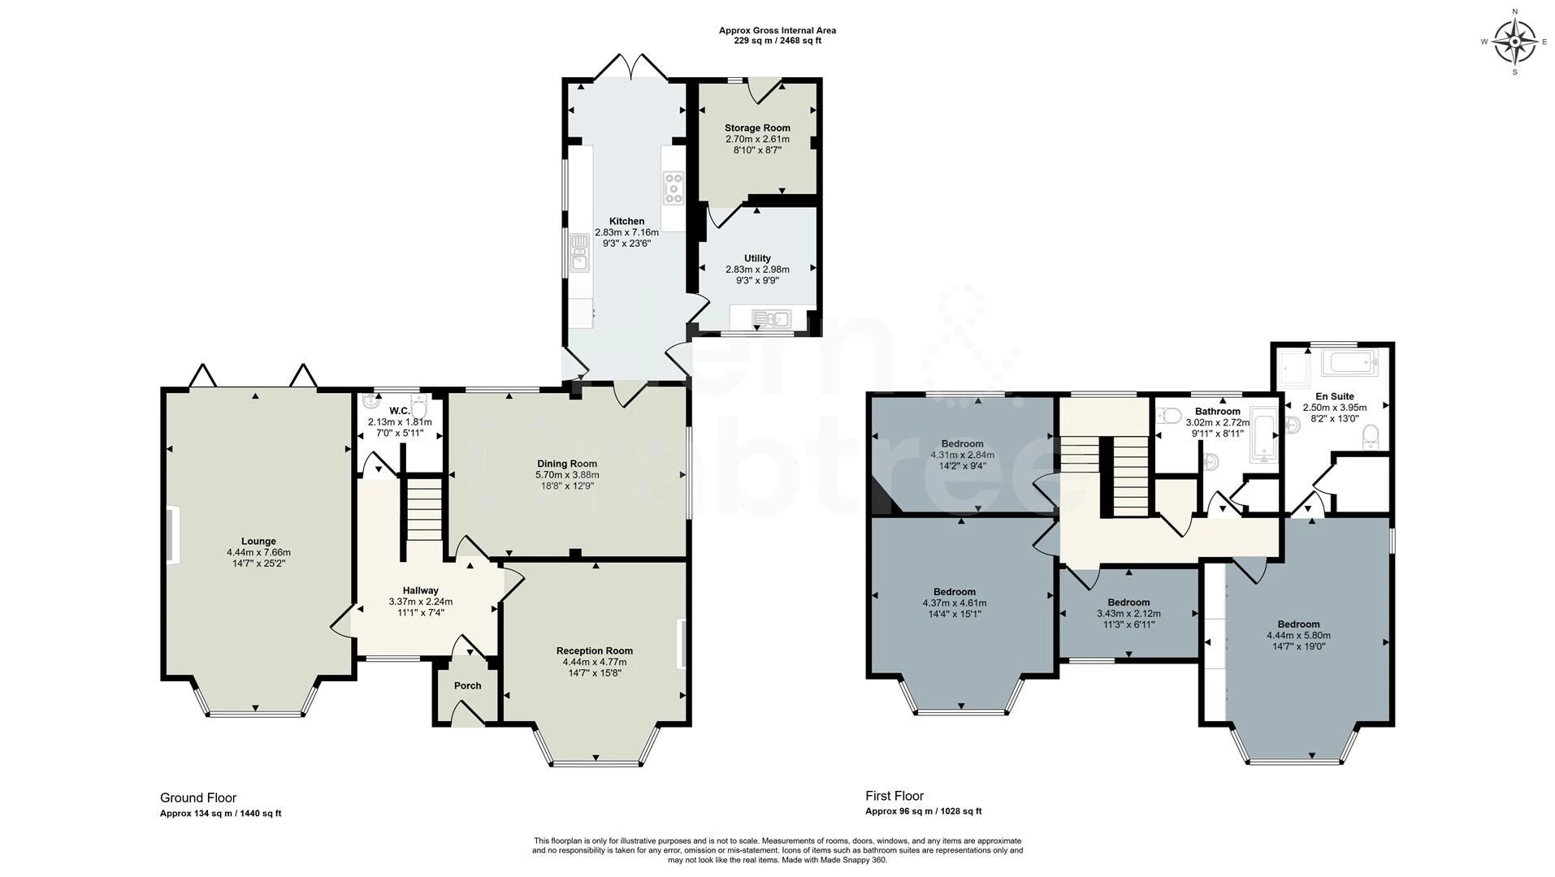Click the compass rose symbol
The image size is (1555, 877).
[x=1514, y=41]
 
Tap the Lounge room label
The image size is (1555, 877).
[x=258, y=542]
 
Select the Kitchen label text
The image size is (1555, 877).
[x=626, y=222]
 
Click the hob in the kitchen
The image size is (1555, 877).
[x=674, y=188]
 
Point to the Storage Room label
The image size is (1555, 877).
[x=757, y=128]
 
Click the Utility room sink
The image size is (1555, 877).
[x=771, y=318]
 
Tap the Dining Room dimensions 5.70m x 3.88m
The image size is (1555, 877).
[x=567, y=475]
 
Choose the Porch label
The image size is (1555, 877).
[x=467, y=686]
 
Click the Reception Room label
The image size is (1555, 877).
[x=595, y=651]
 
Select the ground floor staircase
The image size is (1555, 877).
[x=423, y=509]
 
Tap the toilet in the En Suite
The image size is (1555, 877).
[x=1370, y=438]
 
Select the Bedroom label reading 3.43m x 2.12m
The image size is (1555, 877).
[x=1128, y=603]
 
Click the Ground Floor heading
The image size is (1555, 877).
[x=198, y=798]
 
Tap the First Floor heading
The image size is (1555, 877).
[x=894, y=797]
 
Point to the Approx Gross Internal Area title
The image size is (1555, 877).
[x=777, y=31]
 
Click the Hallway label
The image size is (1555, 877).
[x=420, y=591]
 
